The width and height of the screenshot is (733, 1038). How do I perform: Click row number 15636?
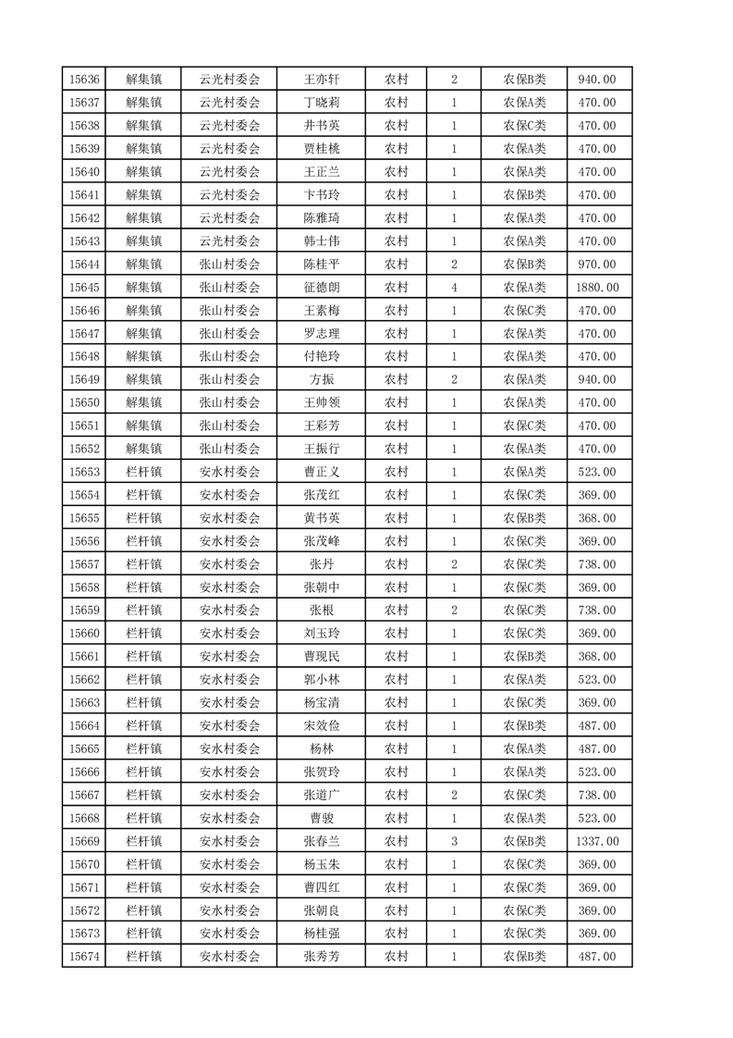pyautogui.click(x=83, y=80)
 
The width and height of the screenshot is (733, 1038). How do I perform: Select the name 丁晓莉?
pyautogui.click(x=322, y=103)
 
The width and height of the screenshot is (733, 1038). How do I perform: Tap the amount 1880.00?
pyautogui.click(x=599, y=288)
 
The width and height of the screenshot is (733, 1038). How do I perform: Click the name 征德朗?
pyautogui.click(x=322, y=288)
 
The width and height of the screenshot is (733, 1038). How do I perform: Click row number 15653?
pyautogui.click(x=83, y=472)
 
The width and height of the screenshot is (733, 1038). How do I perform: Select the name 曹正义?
pyautogui.click(x=322, y=472)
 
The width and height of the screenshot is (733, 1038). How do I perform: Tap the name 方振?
pyautogui.click(x=322, y=379)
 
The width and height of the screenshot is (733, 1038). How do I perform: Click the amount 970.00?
pyautogui.click(x=599, y=265)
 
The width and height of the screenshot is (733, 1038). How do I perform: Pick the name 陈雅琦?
pyautogui.click(x=322, y=218)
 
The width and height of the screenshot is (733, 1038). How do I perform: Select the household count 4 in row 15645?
pyautogui.click(x=454, y=288)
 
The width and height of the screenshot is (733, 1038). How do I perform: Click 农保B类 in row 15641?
pyautogui.click(x=524, y=195)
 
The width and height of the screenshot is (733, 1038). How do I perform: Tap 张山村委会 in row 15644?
pyautogui.click(x=230, y=265)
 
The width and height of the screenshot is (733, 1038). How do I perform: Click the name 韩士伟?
pyautogui.click(x=322, y=241)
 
